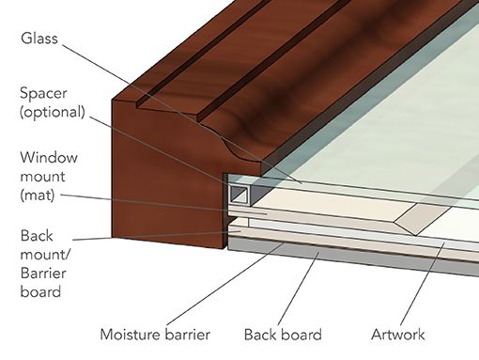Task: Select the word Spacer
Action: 44,93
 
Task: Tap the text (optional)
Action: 52,112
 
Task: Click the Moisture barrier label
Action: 155,334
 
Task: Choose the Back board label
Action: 283,334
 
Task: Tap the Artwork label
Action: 398,334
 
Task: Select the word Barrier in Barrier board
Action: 42,274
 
